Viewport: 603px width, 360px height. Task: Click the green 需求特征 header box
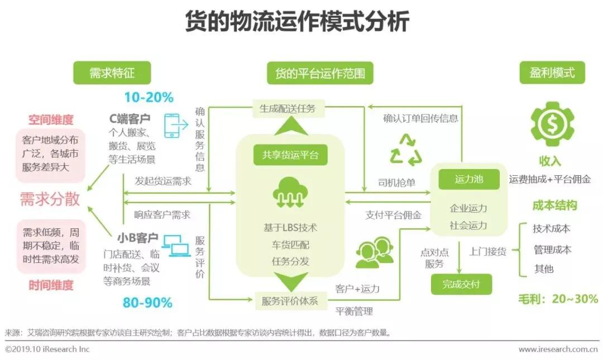click(x=112, y=73)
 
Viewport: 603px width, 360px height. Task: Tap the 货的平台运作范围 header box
click(x=320, y=73)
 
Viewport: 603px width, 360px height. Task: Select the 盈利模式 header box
click(x=552, y=73)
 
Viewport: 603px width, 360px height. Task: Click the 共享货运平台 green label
click(x=290, y=155)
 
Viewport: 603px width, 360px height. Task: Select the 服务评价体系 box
click(x=290, y=301)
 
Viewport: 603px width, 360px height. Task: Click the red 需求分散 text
click(x=50, y=199)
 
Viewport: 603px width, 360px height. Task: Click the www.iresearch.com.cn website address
click(x=558, y=349)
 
